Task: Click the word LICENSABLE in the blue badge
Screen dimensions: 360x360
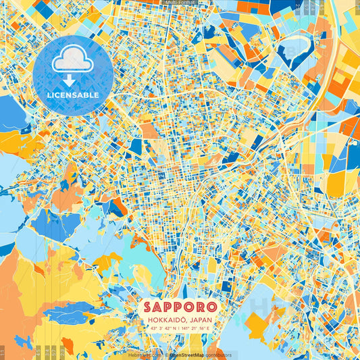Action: pyautogui.click(x=72, y=95)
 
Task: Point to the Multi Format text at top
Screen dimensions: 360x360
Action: pyautogui.click(x=179, y=3)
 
